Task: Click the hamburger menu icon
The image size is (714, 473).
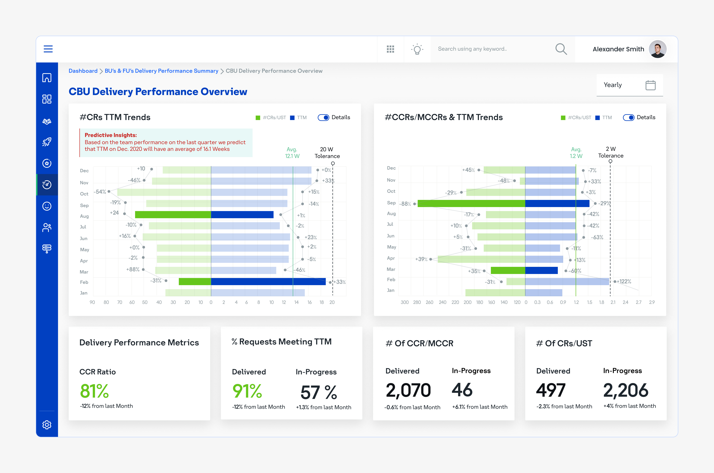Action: coord(48,49)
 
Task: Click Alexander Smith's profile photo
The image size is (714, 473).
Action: coord(658,49)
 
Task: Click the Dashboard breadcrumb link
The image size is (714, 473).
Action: coord(83,71)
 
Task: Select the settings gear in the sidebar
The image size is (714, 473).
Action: coord(47,425)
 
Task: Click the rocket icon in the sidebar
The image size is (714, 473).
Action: coord(47,142)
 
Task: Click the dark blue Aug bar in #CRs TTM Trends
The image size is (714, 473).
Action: coord(242,214)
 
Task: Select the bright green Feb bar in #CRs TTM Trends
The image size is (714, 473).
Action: coord(195,281)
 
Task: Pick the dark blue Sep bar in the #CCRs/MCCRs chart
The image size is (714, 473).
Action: coord(557,203)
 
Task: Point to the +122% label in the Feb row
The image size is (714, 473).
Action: coord(624,281)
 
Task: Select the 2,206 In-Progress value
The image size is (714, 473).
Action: coord(626,390)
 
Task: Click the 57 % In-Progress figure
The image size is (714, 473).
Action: coord(318,392)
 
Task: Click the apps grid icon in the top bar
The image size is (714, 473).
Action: coord(390,49)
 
